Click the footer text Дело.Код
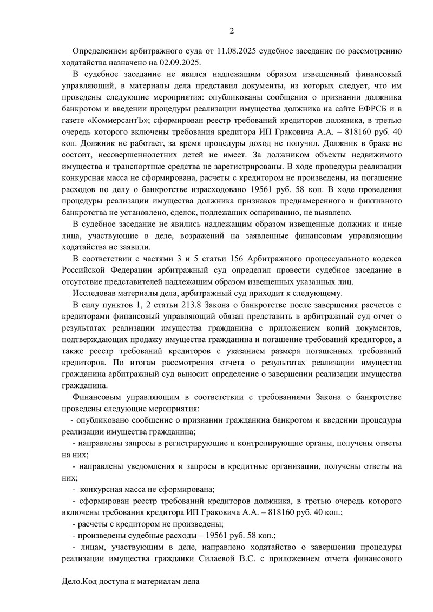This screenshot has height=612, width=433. pos(82,582)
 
